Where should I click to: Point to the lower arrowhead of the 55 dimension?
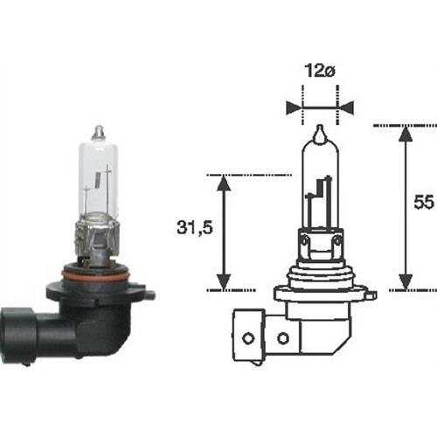coord(405,281)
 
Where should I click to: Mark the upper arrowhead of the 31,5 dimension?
coord(224,183)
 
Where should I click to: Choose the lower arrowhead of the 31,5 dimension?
coord(224,281)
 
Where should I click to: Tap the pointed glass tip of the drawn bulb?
coord(319,135)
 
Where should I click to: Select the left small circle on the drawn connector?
coord(249,336)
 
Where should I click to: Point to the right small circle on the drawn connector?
coord(282,336)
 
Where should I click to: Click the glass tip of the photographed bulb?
coord(98,132)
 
